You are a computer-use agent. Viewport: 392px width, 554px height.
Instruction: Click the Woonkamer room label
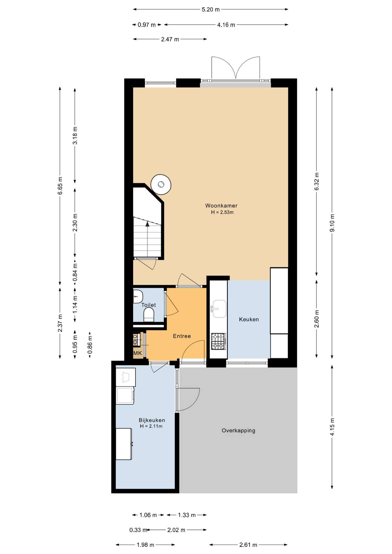[221, 206]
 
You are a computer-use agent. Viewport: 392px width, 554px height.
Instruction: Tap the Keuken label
[249, 319]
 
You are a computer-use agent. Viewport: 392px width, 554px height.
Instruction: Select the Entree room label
[182, 336]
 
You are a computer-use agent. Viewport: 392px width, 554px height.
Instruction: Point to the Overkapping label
[238, 431]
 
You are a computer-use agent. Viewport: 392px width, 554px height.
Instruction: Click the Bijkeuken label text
[152, 420]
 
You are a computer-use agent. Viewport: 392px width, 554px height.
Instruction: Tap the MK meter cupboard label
[138, 353]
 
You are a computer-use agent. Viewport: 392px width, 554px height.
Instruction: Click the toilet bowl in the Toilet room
[149, 315]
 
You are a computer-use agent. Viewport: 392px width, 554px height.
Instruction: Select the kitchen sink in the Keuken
[219, 308]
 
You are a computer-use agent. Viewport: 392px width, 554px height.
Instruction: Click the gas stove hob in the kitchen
[219, 341]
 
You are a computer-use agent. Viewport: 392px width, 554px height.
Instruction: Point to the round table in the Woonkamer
[161, 184]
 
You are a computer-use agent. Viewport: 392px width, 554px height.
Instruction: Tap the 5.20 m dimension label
[211, 10]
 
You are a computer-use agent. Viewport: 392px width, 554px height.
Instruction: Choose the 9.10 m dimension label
[332, 222]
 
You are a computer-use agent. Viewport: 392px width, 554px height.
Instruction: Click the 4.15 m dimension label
[332, 427]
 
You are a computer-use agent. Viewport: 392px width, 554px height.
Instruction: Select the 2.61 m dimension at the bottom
[248, 545]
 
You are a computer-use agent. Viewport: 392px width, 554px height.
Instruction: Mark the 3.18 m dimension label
[75, 135]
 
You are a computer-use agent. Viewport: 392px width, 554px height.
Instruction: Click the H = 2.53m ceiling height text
[222, 212]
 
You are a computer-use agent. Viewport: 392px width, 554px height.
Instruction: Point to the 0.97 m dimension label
[147, 25]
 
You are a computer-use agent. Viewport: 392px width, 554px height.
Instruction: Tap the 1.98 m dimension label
[145, 545]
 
